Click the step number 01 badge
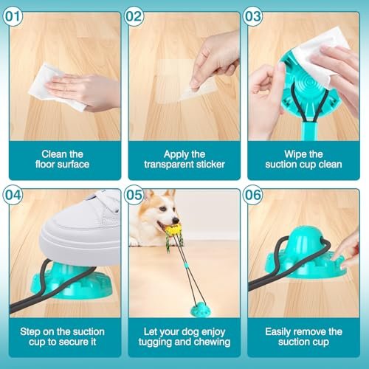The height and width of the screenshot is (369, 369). [x=13, y=16]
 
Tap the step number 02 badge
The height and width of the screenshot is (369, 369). [x=134, y=16]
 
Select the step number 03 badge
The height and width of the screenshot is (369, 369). [x=253, y=16]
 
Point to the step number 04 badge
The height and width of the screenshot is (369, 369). [x=13, y=195]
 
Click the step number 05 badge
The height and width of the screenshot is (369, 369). [x=134, y=195]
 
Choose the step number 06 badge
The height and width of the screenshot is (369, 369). [x=253, y=195]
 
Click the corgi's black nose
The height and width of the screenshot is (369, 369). [x=176, y=220]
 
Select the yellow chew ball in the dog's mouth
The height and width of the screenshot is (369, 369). [x=173, y=230]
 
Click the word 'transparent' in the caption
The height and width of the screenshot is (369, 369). [x=168, y=165]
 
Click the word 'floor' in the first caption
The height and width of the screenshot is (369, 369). [x=46, y=165]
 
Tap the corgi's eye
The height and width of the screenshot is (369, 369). [x=162, y=209]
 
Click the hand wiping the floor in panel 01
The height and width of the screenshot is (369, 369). [x=83, y=92]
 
